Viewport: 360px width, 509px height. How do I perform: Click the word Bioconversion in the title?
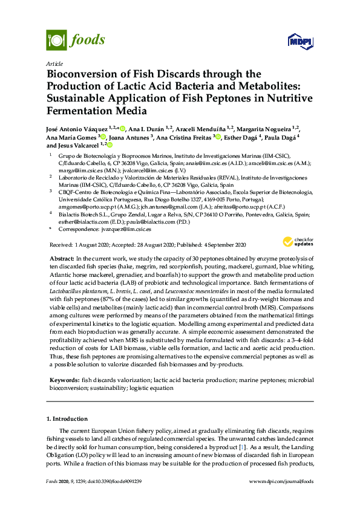pos(80,74)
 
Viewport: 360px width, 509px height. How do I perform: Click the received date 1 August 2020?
pos(93,244)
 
